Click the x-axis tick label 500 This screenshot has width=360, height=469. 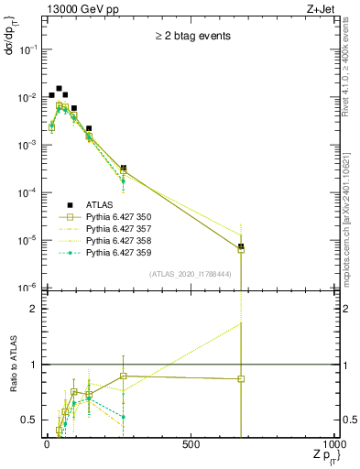(x=191, y=445)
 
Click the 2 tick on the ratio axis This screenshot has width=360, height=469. (x=35, y=309)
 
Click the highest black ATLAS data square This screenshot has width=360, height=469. (x=59, y=89)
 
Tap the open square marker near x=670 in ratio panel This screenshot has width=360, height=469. (x=241, y=378)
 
